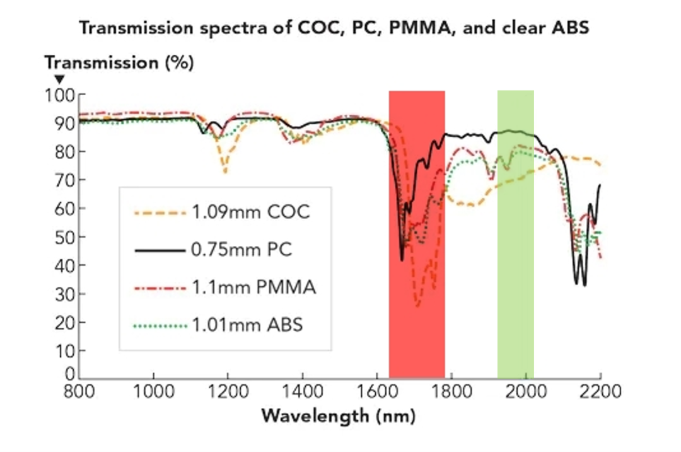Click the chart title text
(x=334, y=28)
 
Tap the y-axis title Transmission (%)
(x=119, y=63)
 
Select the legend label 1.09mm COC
(x=250, y=212)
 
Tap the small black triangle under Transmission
(x=59, y=79)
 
